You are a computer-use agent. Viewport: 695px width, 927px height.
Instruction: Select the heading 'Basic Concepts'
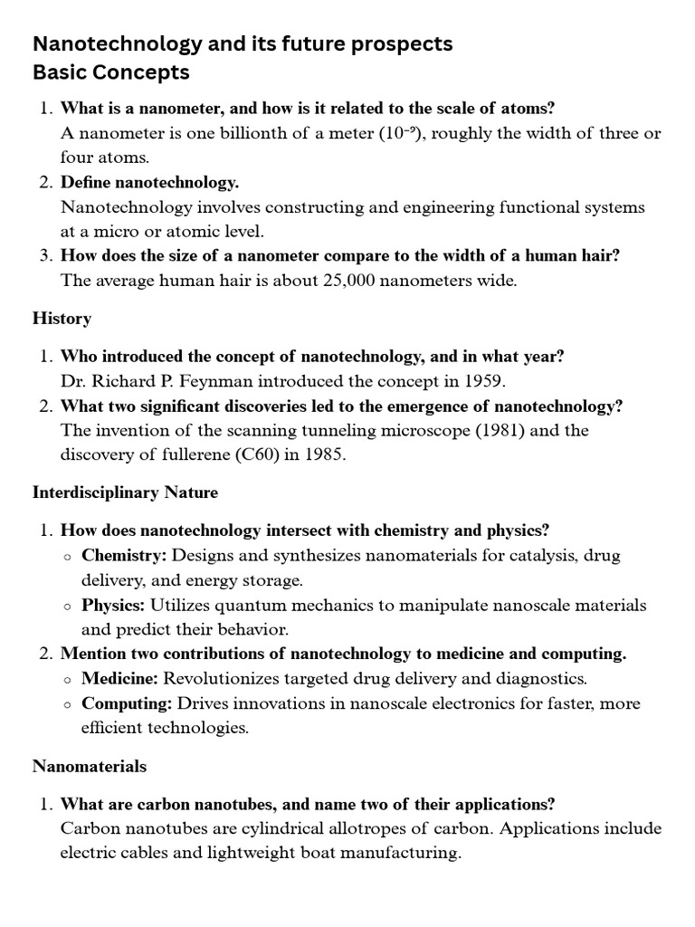tap(111, 72)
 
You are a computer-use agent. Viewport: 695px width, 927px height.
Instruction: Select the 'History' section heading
tap(62, 319)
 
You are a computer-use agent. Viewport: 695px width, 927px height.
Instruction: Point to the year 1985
tap(323, 455)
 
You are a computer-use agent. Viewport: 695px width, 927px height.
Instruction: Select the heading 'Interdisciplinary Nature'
tap(125, 493)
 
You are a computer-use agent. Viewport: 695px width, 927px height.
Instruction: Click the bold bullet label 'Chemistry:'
tap(125, 555)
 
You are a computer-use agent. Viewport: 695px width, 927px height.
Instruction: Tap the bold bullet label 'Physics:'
tap(114, 605)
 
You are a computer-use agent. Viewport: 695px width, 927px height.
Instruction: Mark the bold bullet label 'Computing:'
tap(128, 703)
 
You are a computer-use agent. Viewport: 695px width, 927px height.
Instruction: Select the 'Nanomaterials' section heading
tap(90, 767)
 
